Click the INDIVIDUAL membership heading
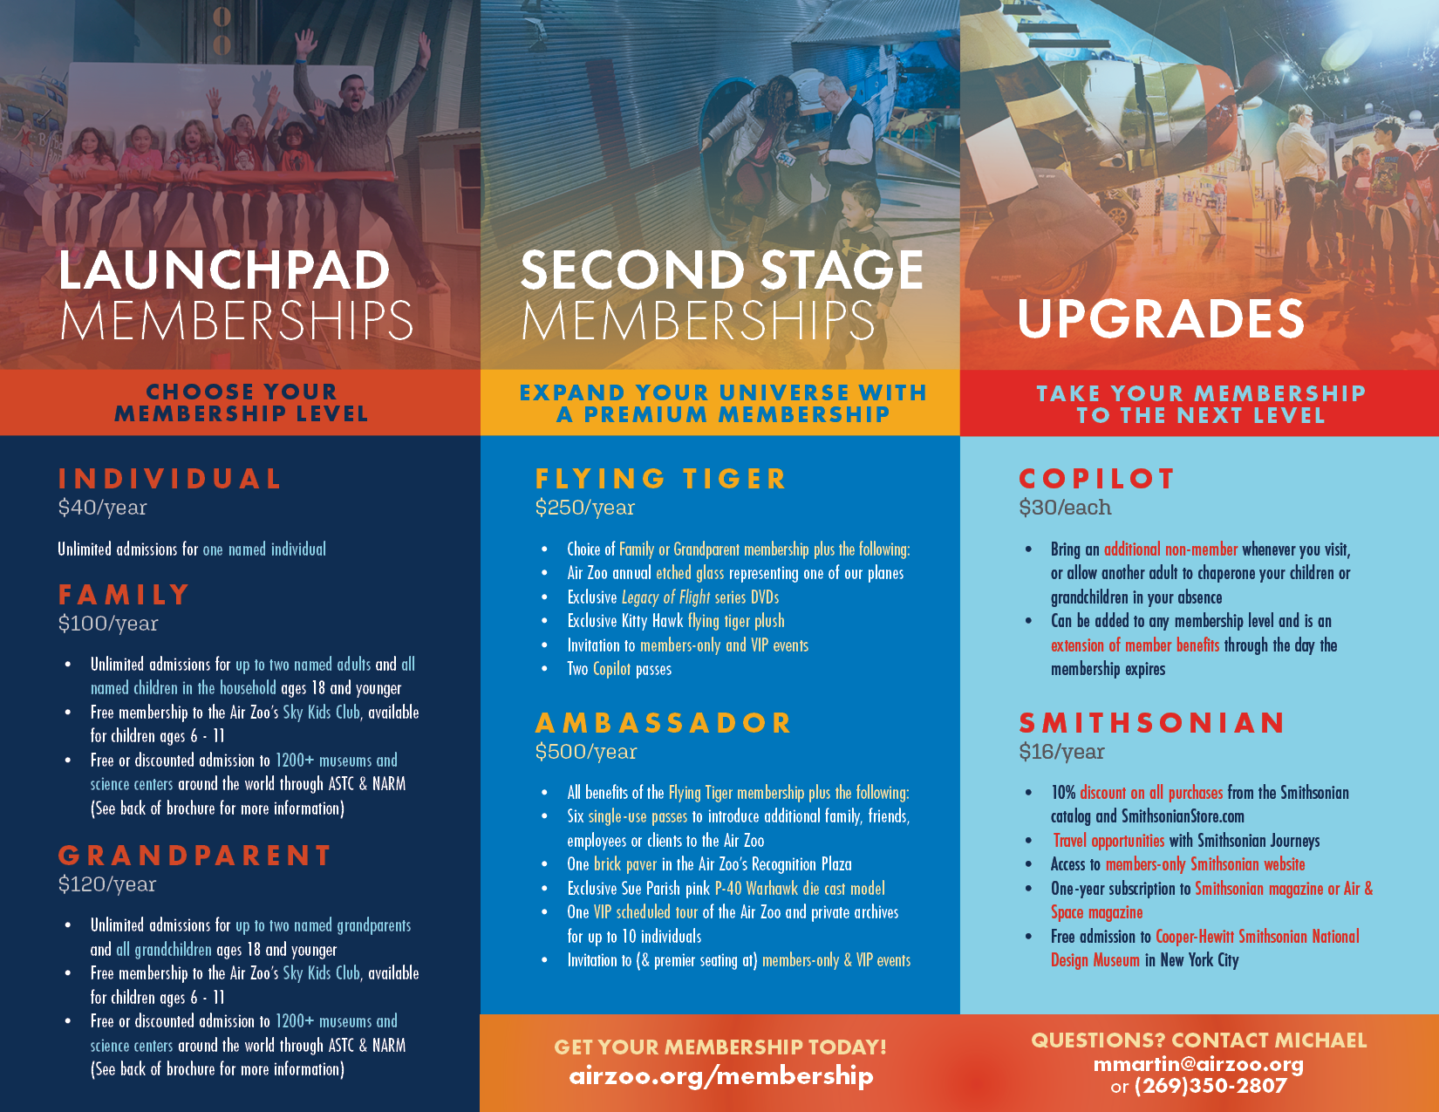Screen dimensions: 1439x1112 (169, 479)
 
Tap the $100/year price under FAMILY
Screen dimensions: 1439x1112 (108, 624)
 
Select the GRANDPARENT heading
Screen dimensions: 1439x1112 (194, 856)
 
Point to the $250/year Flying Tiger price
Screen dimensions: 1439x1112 (584, 508)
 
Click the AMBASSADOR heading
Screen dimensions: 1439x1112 (663, 722)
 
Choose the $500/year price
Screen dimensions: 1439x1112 (586, 752)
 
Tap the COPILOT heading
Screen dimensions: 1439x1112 (1096, 479)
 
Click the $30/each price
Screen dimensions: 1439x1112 (1065, 508)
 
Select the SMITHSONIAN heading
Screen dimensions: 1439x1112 (1151, 722)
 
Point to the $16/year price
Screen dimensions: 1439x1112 (1061, 752)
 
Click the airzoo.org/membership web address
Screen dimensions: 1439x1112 (721, 1076)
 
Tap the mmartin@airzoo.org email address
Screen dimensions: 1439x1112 (1198, 1064)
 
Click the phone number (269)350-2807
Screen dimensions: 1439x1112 (1211, 1086)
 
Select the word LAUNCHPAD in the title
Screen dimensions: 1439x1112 (224, 270)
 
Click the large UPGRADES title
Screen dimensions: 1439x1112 (1161, 318)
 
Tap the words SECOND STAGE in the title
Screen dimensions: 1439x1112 (722, 270)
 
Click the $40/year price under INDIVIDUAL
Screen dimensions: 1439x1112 (103, 508)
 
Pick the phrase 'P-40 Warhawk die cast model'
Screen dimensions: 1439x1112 (799, 888)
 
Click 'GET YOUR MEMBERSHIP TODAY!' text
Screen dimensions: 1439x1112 (720, 1047)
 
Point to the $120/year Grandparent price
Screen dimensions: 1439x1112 (107, 884)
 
